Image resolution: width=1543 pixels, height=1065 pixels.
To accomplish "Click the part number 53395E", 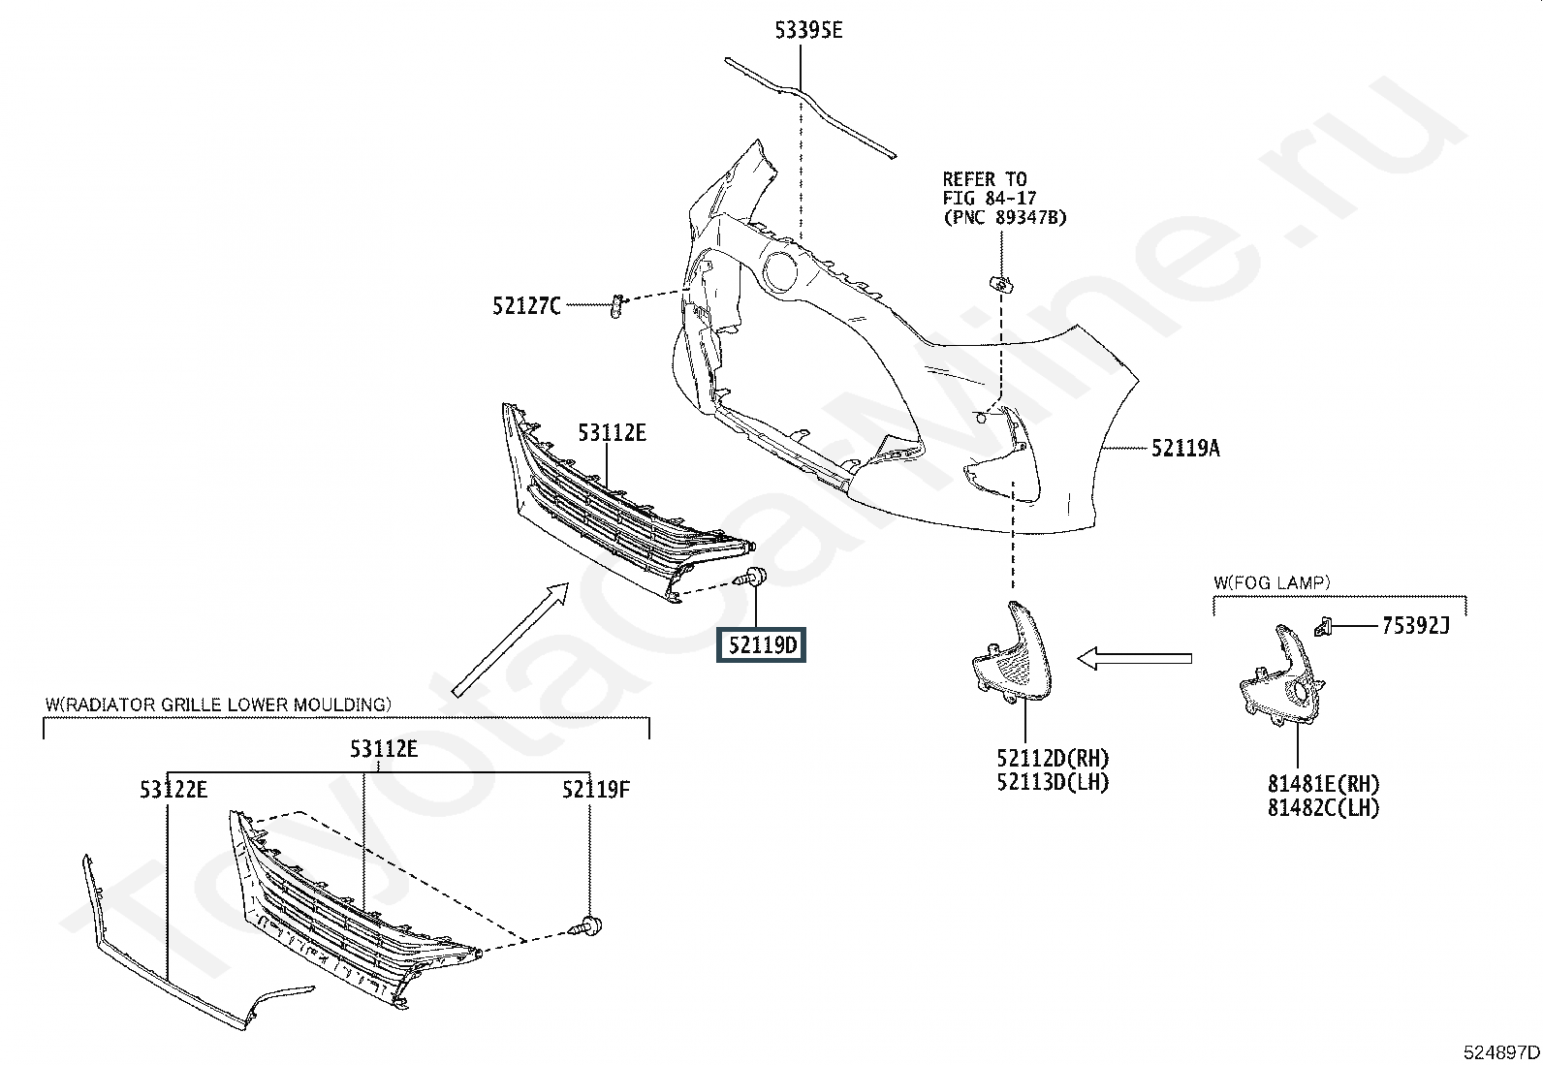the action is [x=808, y=30].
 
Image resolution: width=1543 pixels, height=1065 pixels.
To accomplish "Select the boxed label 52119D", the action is [x=761, y=645].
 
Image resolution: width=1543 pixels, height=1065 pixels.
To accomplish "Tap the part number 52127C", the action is [x=527, y=306].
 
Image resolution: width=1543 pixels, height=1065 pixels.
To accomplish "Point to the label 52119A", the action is [x=1185, y=449].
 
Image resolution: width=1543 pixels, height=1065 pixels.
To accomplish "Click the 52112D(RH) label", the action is [x=1054, y=759].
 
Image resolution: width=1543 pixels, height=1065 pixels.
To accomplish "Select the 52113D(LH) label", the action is [x=1054, y=782].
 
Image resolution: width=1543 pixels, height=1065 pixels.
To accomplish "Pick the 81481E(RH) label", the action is [x=1324, y=784].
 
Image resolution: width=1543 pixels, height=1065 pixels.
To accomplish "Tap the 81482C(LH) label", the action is [x=1324, y=807].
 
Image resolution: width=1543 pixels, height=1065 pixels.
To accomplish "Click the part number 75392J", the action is [x=1416, y=625].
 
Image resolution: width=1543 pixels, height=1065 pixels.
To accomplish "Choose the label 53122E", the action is [x=173, y=789].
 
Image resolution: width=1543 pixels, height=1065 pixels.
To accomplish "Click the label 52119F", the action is [x=596, y=789].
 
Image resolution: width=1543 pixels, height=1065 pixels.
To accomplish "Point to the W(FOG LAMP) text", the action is [x=1272, y=582].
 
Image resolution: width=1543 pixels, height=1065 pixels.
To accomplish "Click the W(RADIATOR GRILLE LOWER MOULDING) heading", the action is [x=218, y=705].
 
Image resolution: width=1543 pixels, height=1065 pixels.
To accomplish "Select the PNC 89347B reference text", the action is [x=1004, y=218].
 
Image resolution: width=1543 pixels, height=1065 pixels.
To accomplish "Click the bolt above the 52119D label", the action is [x=752, y=577].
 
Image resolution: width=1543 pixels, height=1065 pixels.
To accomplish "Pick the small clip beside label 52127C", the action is [x=616, y=306].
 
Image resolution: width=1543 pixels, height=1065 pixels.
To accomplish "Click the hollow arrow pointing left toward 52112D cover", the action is [x=1134, y=659].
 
